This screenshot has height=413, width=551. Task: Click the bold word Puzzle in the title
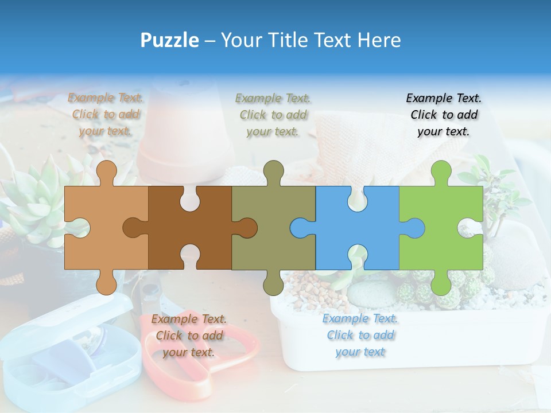point(169,40)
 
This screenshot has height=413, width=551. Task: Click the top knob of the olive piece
point(273,170)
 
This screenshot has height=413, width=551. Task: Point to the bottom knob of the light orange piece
point(106,284)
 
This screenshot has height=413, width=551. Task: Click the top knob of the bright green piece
point(441,170)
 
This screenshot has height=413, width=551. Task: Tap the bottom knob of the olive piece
point(273,284)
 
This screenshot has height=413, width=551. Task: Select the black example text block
point(444,115)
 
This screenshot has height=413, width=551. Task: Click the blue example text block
point(360,335)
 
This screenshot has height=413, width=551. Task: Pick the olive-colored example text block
point(273,115)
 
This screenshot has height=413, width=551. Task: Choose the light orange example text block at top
point(105,115)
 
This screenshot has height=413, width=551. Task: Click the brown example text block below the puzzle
point(189,336)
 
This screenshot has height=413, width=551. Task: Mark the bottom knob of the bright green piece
point(441,284)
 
